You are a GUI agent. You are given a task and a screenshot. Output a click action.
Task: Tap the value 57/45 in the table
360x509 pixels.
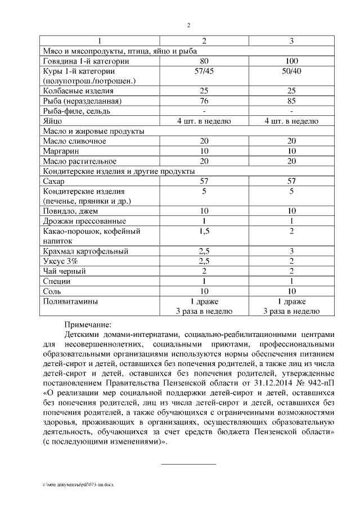pos(204,71)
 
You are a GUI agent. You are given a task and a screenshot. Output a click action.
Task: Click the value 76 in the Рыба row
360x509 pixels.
pos(204,101)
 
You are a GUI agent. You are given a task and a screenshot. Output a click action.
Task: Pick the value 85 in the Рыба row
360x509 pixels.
pos(291,101)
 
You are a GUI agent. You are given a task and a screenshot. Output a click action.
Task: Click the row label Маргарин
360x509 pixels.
pos(62,151)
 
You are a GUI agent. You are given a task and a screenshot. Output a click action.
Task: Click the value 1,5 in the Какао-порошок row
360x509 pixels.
pos(204,231)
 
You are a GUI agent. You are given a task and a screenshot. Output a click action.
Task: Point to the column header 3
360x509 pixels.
pos(291,41)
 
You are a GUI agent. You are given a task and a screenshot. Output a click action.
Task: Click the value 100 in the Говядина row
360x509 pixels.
pos(291,61)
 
